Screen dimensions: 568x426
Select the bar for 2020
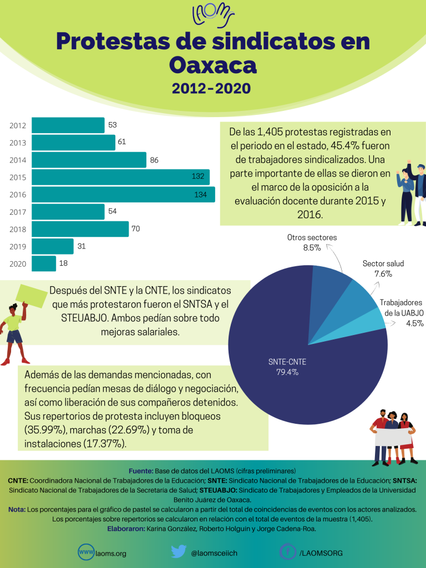[44, 263]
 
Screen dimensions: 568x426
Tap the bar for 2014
[89, 160]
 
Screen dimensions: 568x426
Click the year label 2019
[18, 246]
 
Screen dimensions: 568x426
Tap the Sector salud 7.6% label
[383, 268]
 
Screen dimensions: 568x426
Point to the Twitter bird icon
[178, 552]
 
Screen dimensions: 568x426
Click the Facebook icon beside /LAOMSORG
[287, 552]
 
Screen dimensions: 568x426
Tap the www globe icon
[86, 552]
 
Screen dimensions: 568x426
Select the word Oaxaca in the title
[212, 65]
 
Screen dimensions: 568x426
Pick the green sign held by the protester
[31, 296]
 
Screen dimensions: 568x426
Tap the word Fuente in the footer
[140, 470]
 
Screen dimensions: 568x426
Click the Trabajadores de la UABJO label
[402, 313]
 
